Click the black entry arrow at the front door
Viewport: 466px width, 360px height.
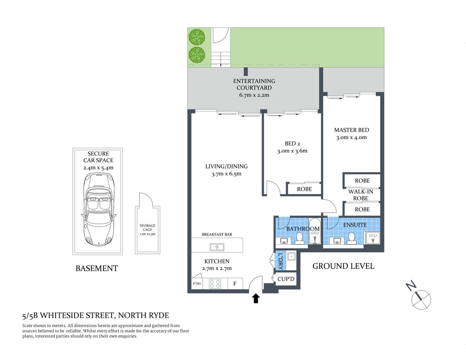[256, 298]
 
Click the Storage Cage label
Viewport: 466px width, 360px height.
[147, 229]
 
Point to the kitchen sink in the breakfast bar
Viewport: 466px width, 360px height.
[217, 247]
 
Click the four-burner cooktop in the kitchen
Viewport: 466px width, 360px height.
[215, 283]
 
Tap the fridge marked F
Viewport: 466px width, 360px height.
[235, 283]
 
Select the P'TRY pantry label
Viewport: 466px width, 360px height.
[197, 284]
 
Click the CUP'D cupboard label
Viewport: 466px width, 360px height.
[286, 279]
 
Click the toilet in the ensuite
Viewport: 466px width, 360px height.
[352, 238]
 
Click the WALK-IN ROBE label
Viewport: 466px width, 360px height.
[361, 195]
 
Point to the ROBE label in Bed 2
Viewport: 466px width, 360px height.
[304, 189]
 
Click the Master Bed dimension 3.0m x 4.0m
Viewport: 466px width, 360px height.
[351, 137]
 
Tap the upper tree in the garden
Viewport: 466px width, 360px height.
[197, 36]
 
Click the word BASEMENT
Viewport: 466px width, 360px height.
[97, 268]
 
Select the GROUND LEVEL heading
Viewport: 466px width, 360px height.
[343, 266]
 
